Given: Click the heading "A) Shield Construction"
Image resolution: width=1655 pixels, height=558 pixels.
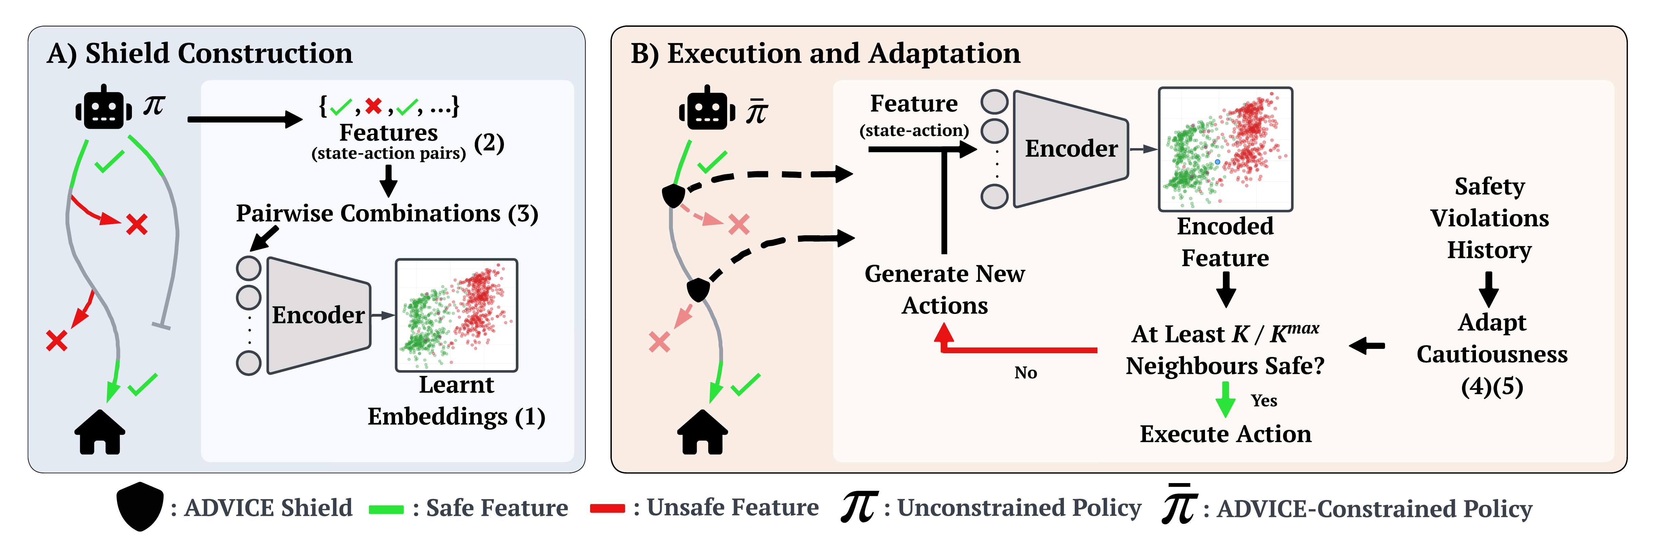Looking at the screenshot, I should point(199,53).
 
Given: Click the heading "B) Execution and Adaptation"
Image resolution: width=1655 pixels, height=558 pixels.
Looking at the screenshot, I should point(825,53).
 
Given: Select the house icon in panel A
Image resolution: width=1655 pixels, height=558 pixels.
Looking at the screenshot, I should point(100,432).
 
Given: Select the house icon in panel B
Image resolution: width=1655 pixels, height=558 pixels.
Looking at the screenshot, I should point(702,432).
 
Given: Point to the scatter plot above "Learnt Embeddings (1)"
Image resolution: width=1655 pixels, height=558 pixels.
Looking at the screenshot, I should point(456,315).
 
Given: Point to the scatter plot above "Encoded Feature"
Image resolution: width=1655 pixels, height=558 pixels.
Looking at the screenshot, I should point(1225,149).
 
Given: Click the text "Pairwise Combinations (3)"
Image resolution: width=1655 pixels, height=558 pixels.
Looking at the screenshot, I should point(387,213).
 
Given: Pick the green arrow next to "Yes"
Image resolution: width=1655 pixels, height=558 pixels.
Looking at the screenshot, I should point(1225,399).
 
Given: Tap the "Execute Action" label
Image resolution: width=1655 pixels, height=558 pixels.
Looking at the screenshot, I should point(1225,434).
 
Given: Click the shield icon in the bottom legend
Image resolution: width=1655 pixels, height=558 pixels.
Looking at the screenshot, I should point(139,506).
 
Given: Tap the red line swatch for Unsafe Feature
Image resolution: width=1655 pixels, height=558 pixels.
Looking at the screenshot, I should point(607,509).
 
